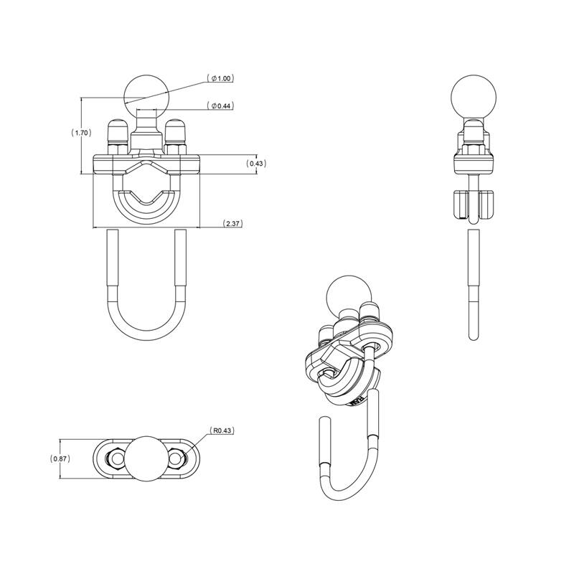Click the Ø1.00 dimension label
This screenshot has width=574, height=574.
coord(221,77)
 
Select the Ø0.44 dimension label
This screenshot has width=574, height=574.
coord(221,106)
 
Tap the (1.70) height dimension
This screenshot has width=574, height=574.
coord(80,133)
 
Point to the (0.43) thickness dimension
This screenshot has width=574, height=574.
coord(256,164)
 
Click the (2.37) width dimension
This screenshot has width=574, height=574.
coord(232,224)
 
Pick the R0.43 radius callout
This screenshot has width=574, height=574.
coord(222,431)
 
